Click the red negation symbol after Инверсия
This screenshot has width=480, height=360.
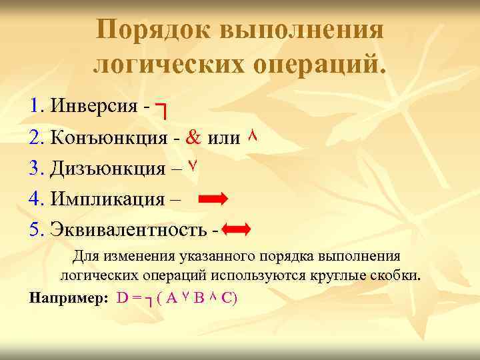161,110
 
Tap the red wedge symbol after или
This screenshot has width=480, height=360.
252,136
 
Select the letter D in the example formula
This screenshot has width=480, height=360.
123,297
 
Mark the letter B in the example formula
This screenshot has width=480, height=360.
198,297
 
